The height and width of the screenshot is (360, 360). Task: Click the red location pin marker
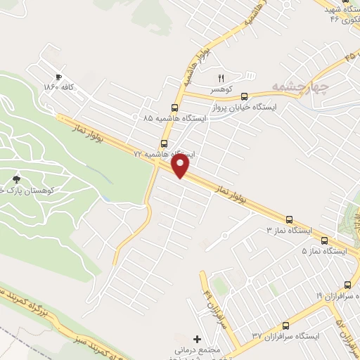181,166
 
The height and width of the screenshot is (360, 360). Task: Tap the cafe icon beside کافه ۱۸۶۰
58,77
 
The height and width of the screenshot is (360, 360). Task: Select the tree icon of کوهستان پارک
16,179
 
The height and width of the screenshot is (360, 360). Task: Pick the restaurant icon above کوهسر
221,78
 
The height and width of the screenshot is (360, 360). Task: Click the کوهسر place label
221,89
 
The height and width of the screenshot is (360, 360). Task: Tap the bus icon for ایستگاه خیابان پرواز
244,97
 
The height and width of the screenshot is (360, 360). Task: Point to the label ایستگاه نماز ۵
330,250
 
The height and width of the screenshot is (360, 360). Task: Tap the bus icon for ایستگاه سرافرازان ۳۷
285,326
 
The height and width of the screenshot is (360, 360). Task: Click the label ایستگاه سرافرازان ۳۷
286,336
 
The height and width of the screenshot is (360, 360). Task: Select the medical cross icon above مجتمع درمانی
196,339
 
